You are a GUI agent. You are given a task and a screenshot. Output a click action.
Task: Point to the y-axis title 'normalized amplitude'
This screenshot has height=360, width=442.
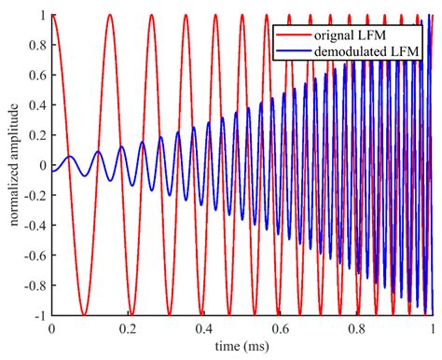tap(11, 165)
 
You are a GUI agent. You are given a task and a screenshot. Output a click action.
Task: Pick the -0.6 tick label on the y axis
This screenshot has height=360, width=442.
tap(34, 256)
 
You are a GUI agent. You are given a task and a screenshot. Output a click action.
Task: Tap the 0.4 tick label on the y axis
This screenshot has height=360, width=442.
tap(36, 105)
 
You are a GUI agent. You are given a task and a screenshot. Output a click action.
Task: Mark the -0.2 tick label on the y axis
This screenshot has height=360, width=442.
tap(34, 195)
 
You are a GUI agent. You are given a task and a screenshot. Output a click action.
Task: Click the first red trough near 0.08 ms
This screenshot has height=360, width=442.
tap(82, 314)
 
